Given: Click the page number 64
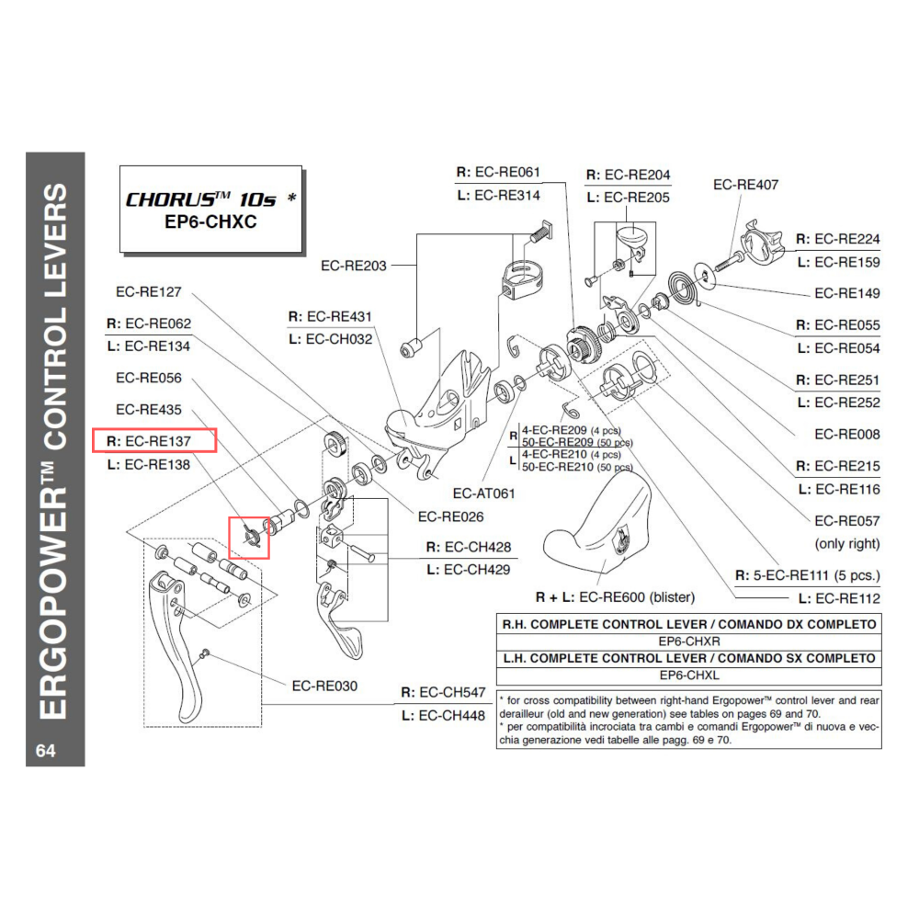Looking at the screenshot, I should [x=46, y=751].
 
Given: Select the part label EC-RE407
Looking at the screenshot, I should [x=745, y=185].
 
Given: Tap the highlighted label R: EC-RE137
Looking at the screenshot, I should [x=153, y=441].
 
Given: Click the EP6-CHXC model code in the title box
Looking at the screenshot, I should [x=210, y=222].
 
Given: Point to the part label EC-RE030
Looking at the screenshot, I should [x=324, y=686].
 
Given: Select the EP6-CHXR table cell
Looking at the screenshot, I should [x=688, y=641].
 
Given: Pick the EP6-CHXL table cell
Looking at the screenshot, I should [x=688, y=675].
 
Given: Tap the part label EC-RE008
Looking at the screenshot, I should [x=846, y=434].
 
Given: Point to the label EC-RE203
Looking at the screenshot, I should [x=354, y=267].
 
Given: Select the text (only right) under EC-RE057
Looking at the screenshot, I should [x=846, y=543].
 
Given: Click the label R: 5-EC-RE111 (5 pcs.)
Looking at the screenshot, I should [x=808, y=576].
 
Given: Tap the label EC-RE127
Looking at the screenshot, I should [x=149, y=292].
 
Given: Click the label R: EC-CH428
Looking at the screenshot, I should [x=468, y=546].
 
